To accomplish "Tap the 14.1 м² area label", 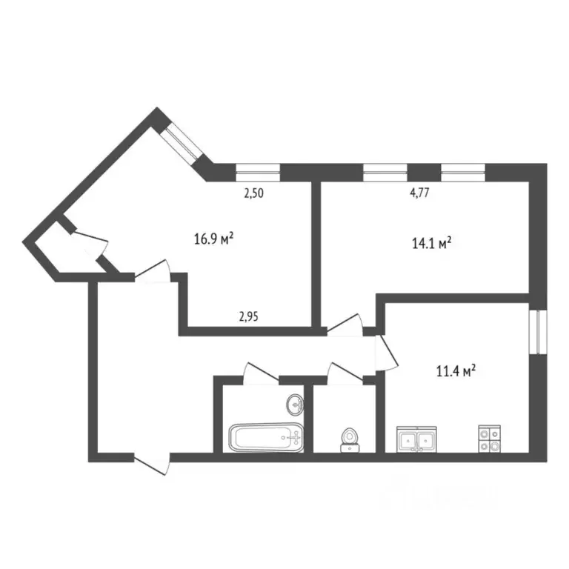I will [431, 243].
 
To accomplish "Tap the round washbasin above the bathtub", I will [295, 405].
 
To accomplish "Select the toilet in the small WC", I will [349, 439].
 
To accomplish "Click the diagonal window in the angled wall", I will [182, 144].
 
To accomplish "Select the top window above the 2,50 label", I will [258, 173].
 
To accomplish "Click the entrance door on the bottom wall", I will [153, 462].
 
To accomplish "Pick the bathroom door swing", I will [259, 373].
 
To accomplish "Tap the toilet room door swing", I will [344, 373].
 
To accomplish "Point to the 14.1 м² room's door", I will [345, 324].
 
